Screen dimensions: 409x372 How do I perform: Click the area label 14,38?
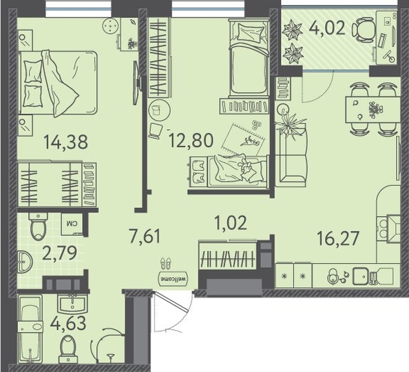click(x=65, y=142)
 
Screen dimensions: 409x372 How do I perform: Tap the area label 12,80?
click(x=191, y=140)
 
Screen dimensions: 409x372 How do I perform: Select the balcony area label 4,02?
click(x=327, y=28)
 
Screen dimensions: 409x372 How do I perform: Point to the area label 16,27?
click(x=338, y=238)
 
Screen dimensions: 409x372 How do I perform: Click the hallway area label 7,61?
click(x=145, y=235)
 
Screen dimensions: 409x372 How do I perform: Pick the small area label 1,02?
click(x=231, y=223)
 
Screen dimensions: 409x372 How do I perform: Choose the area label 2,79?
click(x=59, y=253)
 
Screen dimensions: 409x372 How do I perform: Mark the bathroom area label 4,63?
click(x=68, y=323)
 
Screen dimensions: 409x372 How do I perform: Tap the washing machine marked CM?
click(x=72, y=224)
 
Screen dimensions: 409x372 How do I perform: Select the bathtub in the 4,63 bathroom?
click(x=30, y=329)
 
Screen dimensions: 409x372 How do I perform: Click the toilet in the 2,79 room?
click(x=38, y=226)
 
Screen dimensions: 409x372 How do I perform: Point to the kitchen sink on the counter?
click(x=361, y=276)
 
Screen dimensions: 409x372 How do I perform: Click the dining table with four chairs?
click(x=373, y=109)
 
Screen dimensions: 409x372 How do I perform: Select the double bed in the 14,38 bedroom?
click(x=58, y=83)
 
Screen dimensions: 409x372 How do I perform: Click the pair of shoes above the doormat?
click(x=166, y=263)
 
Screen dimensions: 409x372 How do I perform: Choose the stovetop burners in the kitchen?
click(x=382, y=228)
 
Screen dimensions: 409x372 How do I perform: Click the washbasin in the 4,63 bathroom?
click(x=72, y=304)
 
